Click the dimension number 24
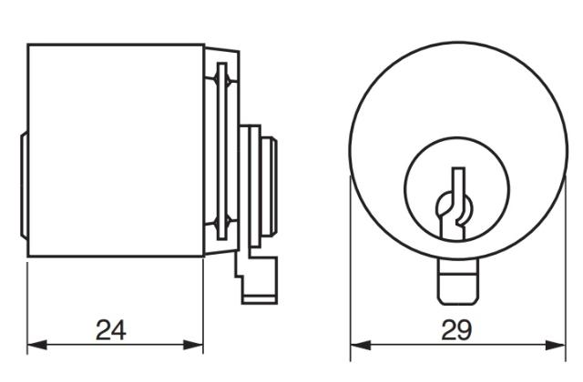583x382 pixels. point(111,329)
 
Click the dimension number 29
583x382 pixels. point(456,329)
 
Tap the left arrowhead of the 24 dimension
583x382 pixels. point(35,346)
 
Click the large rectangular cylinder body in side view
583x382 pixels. point(114,150)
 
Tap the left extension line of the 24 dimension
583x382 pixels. point(27,300)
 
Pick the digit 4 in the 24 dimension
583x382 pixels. point(119,329)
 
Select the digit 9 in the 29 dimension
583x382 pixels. point(465,329)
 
